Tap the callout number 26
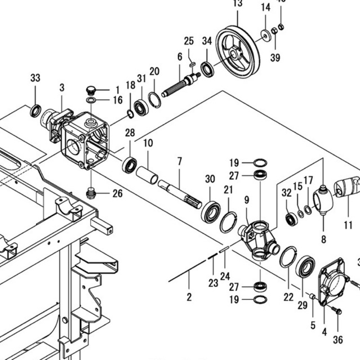pyautogui.click(x=117, y=194)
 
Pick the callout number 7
pyautogui.click(x=180, y=162)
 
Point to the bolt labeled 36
pyautogui.click(x=337, y=310)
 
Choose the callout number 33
pyautogui.click(x=35, y=77)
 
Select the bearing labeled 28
pyautogui.click(x=130, y=165)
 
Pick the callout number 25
pyautogui.click(x=189, y=41)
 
